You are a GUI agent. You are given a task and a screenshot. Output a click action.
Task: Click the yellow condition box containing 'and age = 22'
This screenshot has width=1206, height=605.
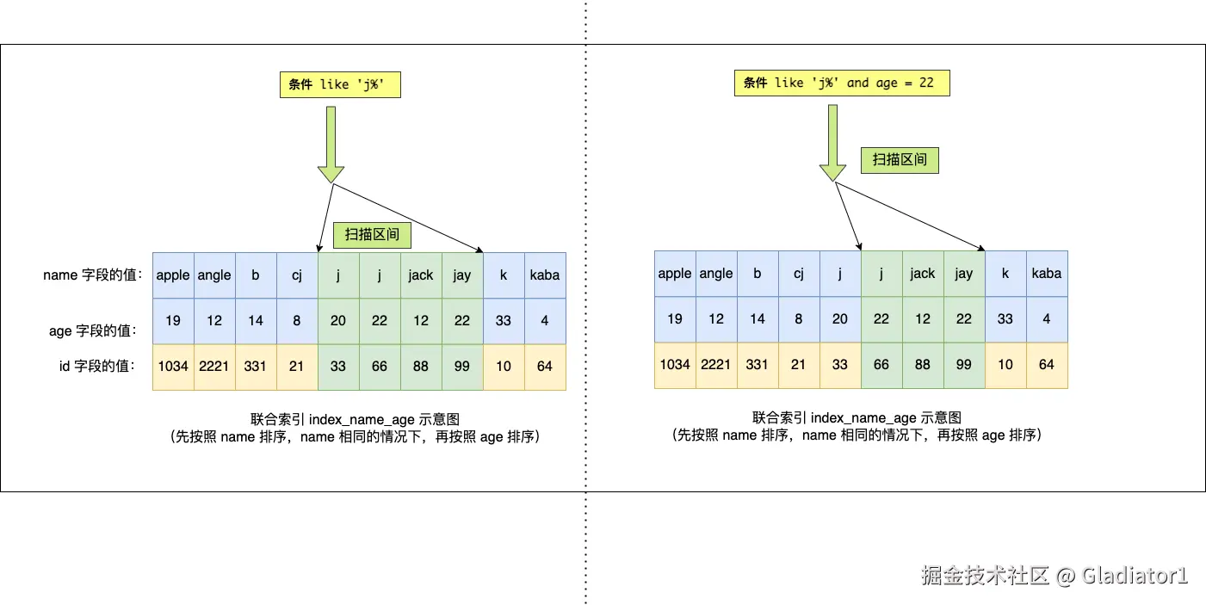click(841, 83)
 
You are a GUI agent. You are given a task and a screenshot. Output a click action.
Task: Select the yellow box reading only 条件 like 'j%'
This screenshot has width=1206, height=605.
click(340, 84)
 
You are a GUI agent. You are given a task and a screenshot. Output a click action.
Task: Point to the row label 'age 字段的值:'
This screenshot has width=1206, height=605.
click(93, 330)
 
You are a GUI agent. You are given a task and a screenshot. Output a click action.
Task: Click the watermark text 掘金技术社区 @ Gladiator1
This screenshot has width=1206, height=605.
click(1054, 575)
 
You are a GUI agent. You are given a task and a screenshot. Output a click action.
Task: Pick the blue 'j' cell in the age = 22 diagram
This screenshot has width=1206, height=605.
click(840, 274)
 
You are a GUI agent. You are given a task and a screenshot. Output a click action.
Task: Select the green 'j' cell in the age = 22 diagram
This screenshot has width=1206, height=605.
click(881, 274)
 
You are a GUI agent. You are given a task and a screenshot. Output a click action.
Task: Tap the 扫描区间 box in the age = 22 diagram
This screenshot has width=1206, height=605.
click(900, 159)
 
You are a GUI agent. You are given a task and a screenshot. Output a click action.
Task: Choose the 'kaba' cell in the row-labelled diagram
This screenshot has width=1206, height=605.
click(545, 275)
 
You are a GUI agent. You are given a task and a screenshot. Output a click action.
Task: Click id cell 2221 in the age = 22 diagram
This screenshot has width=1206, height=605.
click(716, 365)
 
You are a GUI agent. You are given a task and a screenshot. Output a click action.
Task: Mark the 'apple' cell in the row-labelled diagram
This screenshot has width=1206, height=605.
click(173, 275)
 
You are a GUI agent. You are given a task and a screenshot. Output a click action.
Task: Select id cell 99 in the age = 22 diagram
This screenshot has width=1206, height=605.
click(964, 365)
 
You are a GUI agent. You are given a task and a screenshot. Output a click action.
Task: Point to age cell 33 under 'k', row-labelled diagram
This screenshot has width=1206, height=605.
click(504, 320)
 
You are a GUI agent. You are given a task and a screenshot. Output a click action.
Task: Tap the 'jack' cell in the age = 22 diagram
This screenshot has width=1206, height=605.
click(923, 274)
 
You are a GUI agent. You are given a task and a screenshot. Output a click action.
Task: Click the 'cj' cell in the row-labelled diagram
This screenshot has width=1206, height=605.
click(297, 275)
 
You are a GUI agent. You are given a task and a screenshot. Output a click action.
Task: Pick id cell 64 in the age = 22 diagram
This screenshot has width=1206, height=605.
click(1047, 365)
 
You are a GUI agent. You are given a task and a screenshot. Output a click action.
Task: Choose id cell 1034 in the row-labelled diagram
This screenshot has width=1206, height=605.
click(173, 367)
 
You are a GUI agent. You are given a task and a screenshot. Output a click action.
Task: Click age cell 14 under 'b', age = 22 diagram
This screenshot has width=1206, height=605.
click(758, 318)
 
